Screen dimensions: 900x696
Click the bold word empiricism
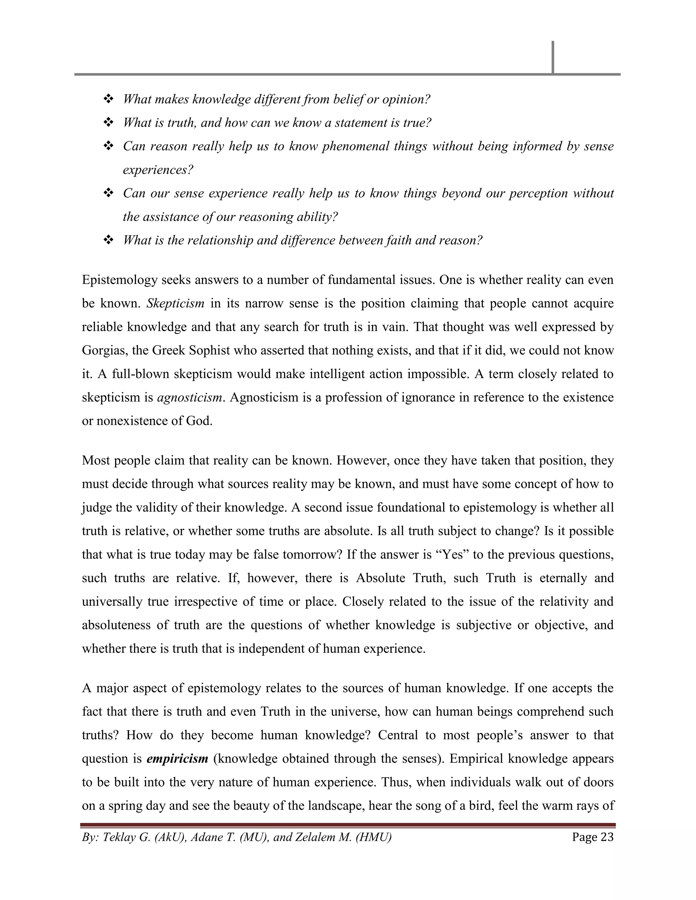177,759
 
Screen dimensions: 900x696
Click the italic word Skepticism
175,304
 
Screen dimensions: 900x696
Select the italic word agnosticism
190,398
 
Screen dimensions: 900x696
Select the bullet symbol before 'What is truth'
108,122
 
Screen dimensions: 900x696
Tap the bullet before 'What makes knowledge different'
108,99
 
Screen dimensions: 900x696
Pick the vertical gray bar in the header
553,58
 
